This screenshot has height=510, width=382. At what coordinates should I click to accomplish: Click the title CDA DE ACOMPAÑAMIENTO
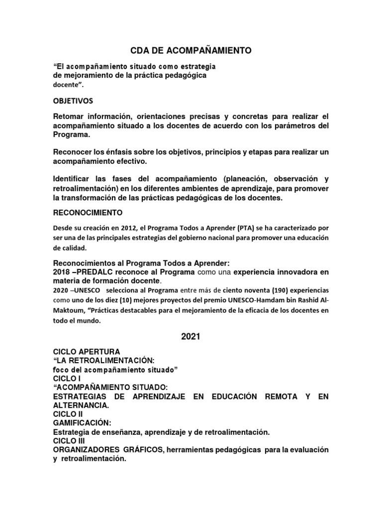point(191,50)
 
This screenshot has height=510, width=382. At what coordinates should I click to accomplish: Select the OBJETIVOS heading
point(76,101)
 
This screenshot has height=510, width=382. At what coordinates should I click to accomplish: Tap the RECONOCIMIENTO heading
point(88,213)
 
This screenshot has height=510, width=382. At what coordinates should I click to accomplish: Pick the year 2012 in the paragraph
point(125,228)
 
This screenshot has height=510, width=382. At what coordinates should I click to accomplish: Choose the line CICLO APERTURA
point(86,352)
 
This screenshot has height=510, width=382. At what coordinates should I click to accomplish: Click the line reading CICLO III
point(70,441)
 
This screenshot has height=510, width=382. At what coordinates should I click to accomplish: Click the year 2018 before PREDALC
point(62,272)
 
